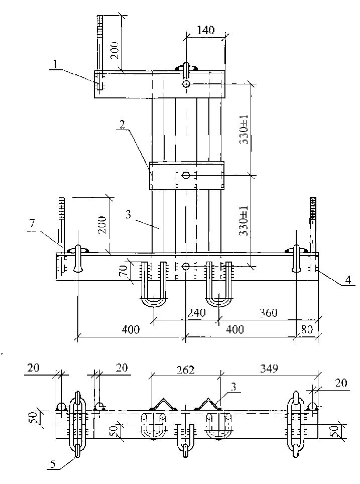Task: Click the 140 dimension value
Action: tap(205, 30)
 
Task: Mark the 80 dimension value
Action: tap(306, 330)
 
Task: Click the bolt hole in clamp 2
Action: tap(186, 175)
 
